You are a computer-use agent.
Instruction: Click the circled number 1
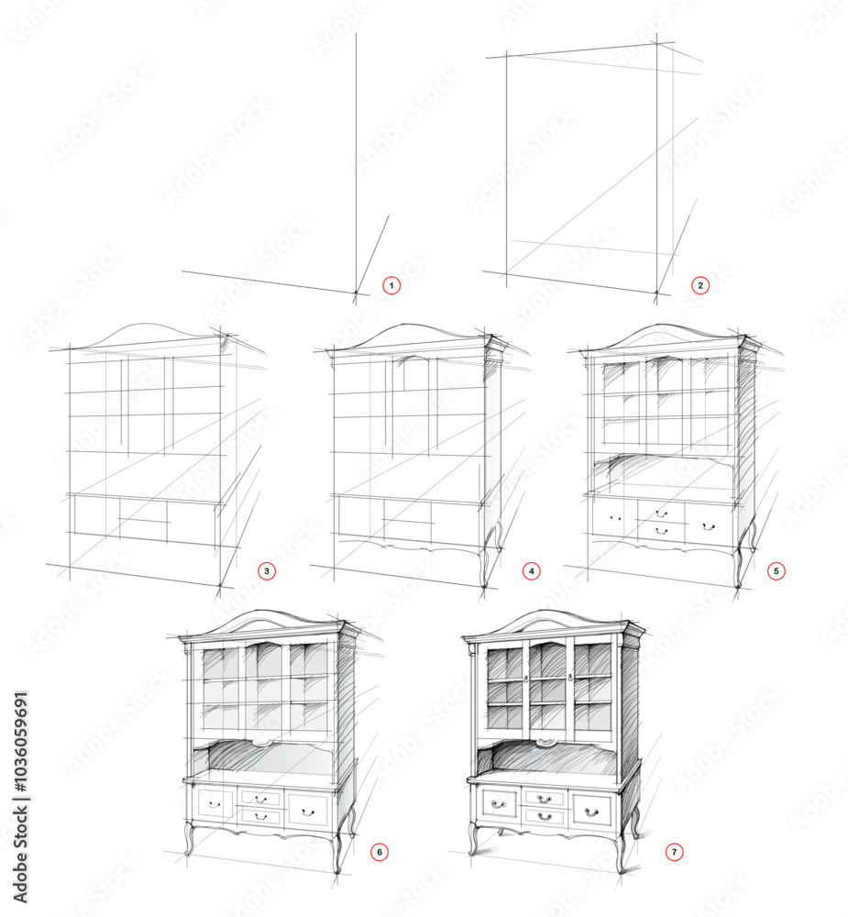coord(391,285)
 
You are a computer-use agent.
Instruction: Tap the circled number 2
coord(700,285)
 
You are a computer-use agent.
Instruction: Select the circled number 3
coord(267,570)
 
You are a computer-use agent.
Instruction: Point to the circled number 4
coord(531,570)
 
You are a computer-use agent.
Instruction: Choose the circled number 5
coord(776,570)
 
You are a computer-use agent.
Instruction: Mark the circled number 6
coord(379,852)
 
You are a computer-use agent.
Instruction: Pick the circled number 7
coord(674,852)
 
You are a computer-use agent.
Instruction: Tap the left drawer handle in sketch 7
coord(499,805)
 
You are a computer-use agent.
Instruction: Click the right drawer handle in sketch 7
coord(592,812)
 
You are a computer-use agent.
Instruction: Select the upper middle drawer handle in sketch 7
coord(545,800)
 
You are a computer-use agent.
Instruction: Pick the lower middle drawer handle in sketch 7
coord(545,816)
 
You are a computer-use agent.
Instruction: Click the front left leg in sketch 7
coord(474,838)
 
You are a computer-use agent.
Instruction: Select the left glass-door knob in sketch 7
coord(526,679)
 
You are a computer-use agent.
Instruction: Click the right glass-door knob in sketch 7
coord(569,678)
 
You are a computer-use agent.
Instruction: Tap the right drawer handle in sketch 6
coord(307,812)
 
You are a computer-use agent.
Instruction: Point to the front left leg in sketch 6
coord(189,838)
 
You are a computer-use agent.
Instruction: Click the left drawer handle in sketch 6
coord(215,805)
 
